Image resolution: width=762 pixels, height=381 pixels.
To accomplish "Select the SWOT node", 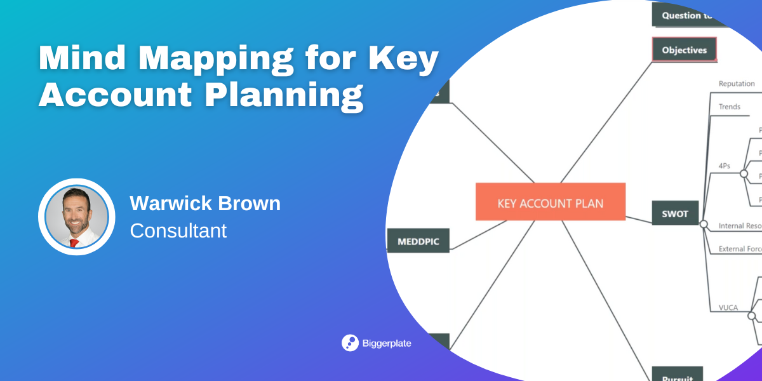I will point(674,213).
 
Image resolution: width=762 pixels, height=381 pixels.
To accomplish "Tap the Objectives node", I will point(684,50).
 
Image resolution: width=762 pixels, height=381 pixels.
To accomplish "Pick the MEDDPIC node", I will point(418,241).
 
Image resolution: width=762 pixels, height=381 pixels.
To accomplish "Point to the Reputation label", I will point(737,84).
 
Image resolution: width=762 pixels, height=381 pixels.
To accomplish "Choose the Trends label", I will point(730,107).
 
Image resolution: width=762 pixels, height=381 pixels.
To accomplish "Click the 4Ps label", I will point(725,166).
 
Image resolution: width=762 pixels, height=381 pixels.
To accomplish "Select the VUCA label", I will point(728,308).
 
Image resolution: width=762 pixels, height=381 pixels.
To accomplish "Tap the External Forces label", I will point(740,250).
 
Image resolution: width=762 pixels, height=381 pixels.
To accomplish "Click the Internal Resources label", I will point(740,226).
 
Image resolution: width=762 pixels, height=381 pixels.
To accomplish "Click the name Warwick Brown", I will point(205,204).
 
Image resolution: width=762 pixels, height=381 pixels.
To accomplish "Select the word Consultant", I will point(178,231).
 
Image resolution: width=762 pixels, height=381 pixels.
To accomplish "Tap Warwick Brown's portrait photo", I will point(76,217).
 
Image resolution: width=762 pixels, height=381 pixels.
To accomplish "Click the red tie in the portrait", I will point(75,242).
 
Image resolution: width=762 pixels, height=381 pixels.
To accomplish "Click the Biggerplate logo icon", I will point(350,343).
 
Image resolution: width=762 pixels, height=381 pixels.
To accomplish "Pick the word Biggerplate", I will point(387,344).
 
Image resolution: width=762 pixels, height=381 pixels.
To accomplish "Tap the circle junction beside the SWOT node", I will point(703,224).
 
